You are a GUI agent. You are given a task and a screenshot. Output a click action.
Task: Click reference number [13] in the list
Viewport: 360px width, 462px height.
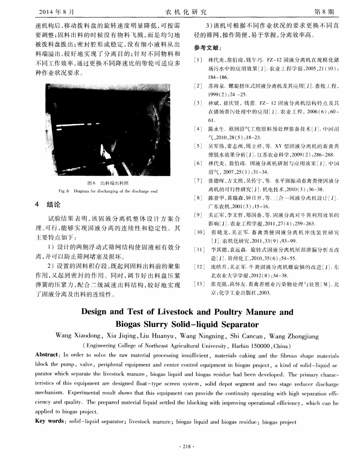199,284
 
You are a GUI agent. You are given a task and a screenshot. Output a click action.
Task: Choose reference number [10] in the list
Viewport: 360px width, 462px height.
199,232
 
